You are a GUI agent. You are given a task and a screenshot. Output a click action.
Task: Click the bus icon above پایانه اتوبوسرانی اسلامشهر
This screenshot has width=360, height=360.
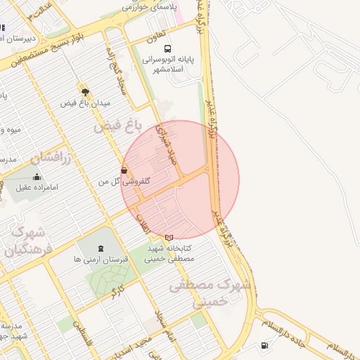(167, 49)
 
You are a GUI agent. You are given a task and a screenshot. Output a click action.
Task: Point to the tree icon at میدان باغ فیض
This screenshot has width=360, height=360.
(85, 91)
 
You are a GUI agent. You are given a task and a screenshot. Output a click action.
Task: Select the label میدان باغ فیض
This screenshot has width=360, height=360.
(86, 104)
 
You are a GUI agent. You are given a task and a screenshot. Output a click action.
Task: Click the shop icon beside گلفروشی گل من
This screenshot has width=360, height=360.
(124, 170)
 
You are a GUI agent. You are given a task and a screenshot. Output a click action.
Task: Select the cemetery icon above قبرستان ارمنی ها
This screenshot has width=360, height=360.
(101, 248)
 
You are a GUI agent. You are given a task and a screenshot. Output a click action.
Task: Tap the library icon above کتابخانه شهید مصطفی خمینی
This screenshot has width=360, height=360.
(169, 238)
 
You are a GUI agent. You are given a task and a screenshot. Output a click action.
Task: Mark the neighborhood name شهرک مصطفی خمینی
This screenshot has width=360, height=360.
(210, 292)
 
